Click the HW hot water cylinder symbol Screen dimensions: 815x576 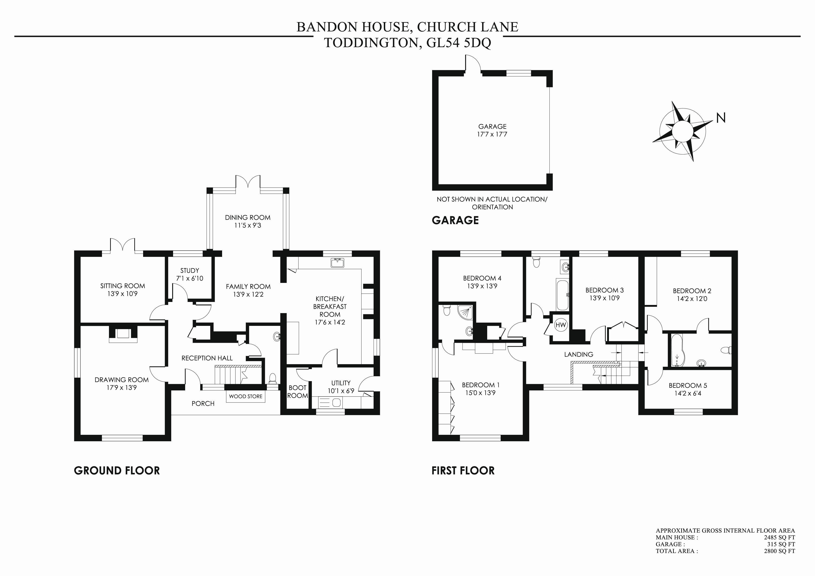click(x=561, y=325)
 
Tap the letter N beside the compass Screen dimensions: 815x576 click(x=721, y=118)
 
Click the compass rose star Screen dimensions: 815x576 click(x=682, y=131)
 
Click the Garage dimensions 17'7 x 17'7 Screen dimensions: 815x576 click(x=492, y=134)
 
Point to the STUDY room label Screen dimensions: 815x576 click(x=190, y=270)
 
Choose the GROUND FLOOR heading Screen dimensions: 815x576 click(x=117, y=471)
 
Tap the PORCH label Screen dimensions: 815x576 click(x=203, y=403)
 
